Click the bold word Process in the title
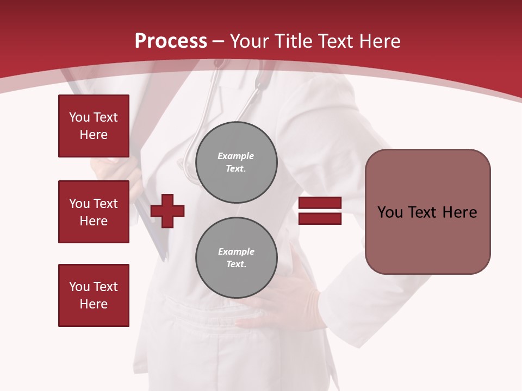[x=171, y=41]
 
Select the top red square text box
[x=94, y=126]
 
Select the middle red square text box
[x=94, y=212]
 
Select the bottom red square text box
[x=94, y=295]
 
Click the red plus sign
[x=167, y=211]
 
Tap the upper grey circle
[x=236, y=162]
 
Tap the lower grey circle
[x=236, y=258]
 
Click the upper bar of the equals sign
[x=320, y=203]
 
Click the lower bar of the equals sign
[x=320, y=219]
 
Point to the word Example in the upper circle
[x=236, y=156]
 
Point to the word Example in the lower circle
[x=236, y=251]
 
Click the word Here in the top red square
[x=94, y=135]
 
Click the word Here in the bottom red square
[x=94, y=304]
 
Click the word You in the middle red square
[x=79, y=204]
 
